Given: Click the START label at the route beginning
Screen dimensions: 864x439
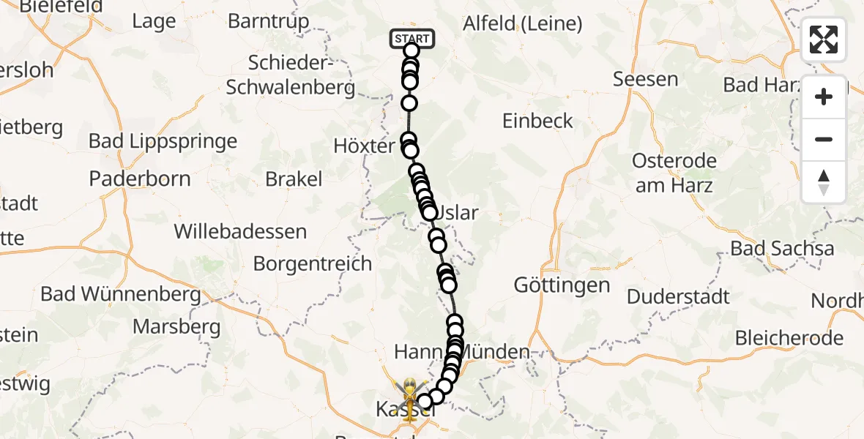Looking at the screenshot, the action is point(413,38).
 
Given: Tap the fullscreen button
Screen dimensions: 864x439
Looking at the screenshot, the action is point(824,40).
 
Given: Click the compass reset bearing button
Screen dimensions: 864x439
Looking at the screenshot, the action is point(824,182).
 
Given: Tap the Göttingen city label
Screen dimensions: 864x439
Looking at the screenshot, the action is point(562,285).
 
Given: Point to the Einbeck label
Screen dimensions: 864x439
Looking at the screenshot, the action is point(537,121).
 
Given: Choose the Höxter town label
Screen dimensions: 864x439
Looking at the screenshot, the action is point(364,146).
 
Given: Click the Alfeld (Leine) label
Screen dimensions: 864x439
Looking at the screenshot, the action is point(523,23).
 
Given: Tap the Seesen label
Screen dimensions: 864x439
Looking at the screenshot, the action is point(645,79).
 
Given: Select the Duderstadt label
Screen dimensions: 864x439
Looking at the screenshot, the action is point(678,296).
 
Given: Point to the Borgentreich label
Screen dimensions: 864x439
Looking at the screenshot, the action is point(312,263).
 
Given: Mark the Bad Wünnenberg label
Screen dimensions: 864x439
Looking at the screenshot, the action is point(121,294).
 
